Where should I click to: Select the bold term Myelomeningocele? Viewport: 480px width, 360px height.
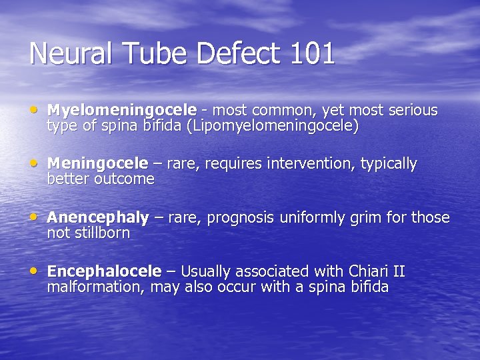[122, 110]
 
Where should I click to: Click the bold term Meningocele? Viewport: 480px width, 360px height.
[98, 163]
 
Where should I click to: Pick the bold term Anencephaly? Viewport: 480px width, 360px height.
[98, 218]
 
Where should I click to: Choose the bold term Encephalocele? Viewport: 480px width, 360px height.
[105, 271]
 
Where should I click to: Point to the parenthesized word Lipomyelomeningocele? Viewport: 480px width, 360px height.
[273, 126]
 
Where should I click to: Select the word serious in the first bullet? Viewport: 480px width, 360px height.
[413, 110]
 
